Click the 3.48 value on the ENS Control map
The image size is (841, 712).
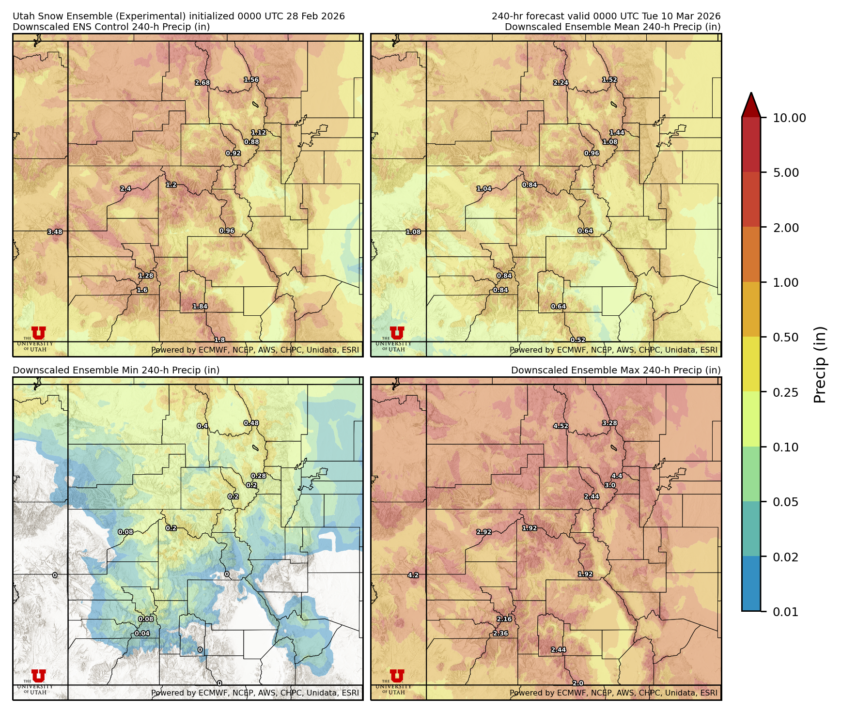(x=55, y=232)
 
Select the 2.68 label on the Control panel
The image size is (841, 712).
(x=202, y=83)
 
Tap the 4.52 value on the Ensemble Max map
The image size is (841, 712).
(x=561, y=426)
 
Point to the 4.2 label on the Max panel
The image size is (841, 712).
(x=413, y=575)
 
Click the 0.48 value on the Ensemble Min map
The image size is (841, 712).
(x=251, y=423)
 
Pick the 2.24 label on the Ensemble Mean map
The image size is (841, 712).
(x=561, y=83)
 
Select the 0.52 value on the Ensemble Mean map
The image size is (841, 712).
(x=578, y=340)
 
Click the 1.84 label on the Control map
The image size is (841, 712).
(x=200, y=307)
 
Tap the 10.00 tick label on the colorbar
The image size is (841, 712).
(x=789, y=118)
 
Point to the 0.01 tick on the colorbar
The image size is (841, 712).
(x=785, y=612)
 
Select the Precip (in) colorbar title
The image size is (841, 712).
(x=820, y=365)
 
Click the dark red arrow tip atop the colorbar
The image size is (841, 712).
(x=751, y=103)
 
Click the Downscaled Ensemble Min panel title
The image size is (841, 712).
(x=116, y=370)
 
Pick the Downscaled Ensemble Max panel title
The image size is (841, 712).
(x=616, y=370)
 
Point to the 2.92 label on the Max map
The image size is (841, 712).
(x=484, y=532)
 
